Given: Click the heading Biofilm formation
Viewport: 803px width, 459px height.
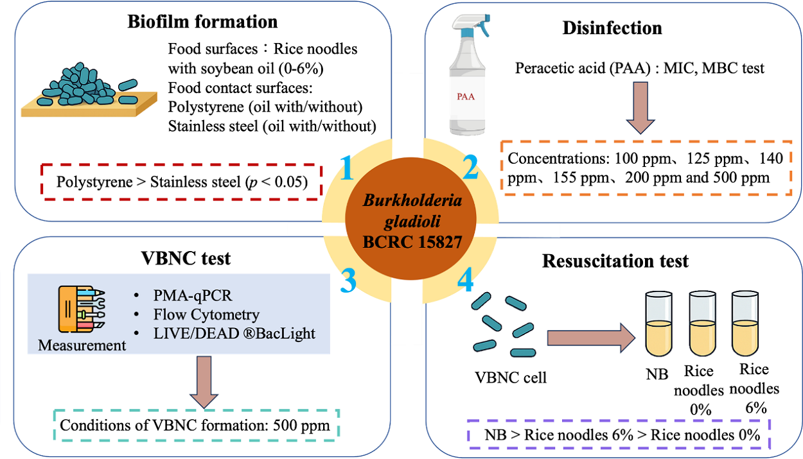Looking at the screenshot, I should (x=203, y=22).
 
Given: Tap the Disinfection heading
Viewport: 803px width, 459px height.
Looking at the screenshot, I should (x=612, y=28).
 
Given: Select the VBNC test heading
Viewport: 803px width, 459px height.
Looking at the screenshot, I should (x=186, y=259).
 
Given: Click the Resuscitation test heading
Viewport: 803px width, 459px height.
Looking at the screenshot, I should (x=615, y=261).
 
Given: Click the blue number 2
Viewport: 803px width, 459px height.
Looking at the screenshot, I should (x=470, y=169).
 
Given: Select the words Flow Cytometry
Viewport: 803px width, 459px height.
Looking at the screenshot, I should (x=206, y=315).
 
